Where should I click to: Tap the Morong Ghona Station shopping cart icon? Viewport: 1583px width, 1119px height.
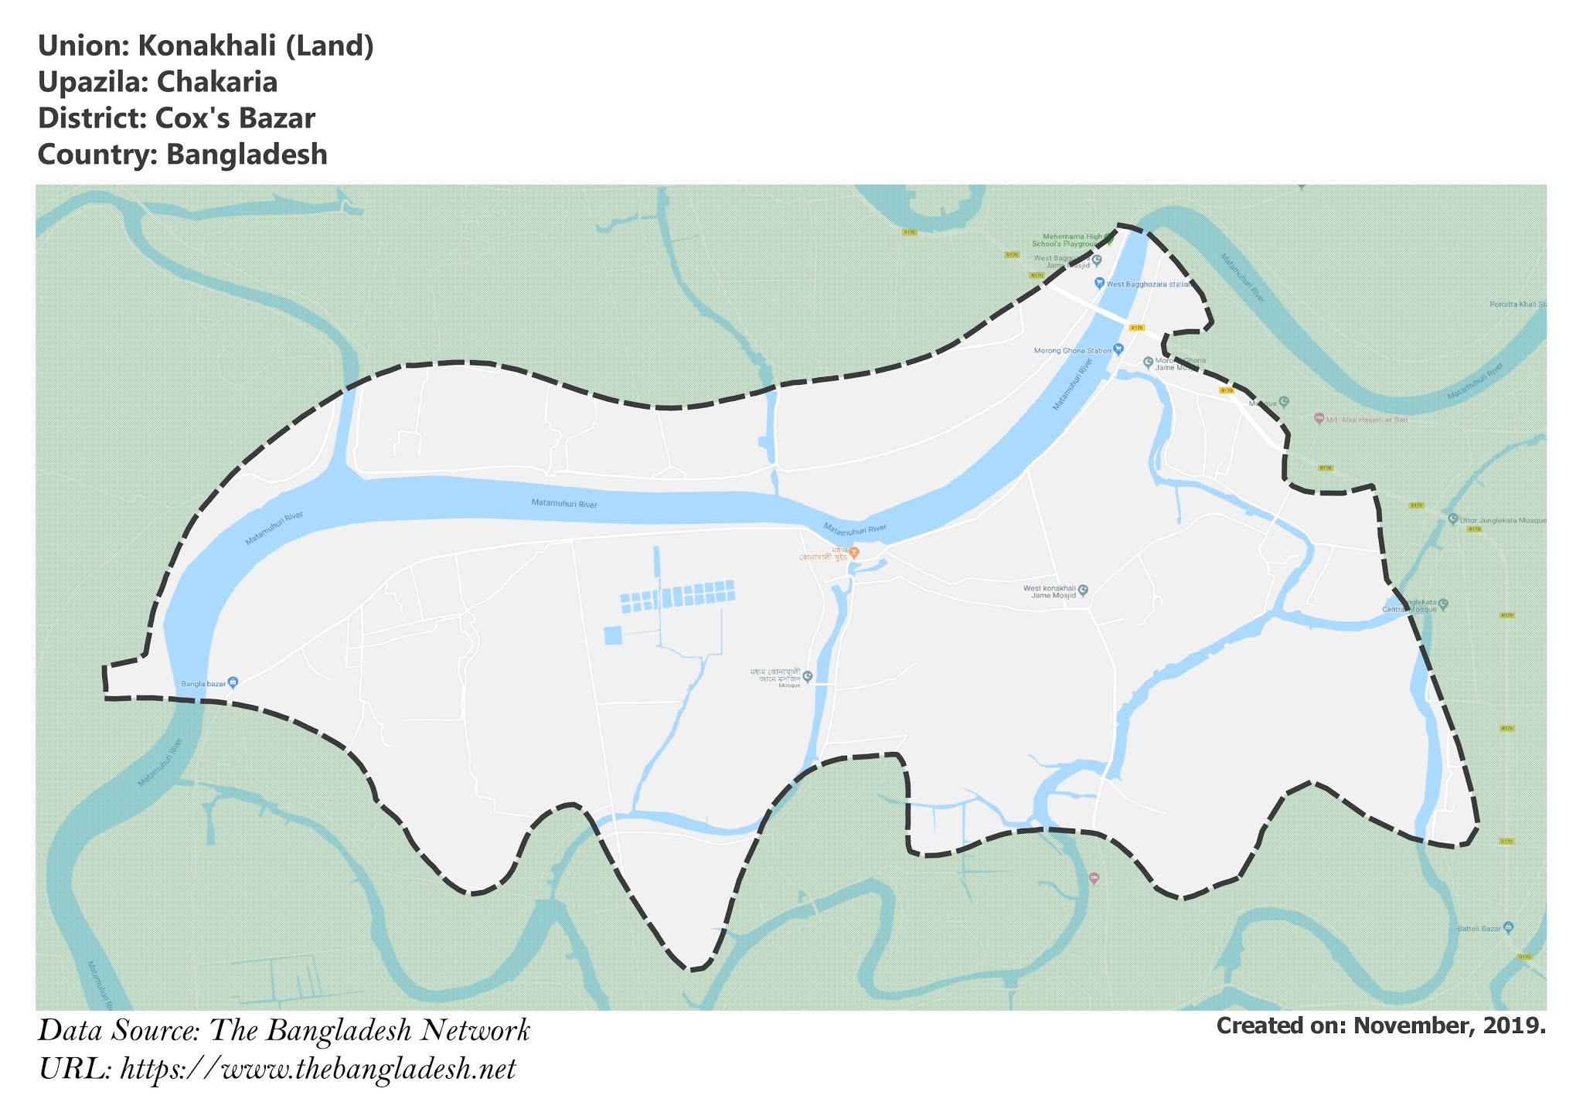point(1118,349)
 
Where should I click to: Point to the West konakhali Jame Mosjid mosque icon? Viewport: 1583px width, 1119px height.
point(1083,590)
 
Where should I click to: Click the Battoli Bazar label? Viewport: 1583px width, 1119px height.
point(1479,928)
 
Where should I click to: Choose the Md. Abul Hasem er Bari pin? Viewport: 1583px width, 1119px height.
point(1319,419)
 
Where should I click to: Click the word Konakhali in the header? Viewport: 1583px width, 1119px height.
point(206,46)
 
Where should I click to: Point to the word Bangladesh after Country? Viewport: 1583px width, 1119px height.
point(247,155)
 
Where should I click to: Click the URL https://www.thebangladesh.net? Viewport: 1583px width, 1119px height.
point(318,1069)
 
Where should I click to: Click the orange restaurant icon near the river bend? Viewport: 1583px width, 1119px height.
point(854,553)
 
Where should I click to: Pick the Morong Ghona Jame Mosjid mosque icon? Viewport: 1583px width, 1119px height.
point(1149,362)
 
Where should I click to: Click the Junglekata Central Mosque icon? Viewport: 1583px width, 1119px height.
point(1443,604)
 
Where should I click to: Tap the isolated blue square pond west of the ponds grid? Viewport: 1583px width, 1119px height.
point(612,635)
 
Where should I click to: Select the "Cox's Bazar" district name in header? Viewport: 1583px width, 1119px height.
point(235,118)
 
